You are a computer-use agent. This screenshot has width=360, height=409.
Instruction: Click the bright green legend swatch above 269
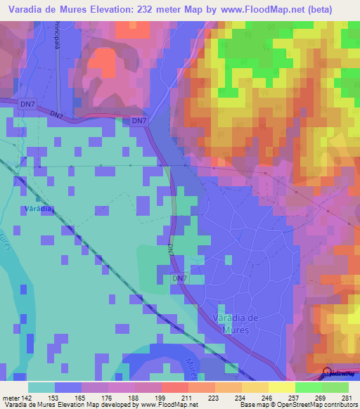coord(309,387)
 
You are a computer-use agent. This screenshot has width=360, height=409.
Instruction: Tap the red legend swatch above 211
coord(175,387)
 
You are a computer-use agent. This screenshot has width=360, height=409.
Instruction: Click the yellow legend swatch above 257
coord(282,387)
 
